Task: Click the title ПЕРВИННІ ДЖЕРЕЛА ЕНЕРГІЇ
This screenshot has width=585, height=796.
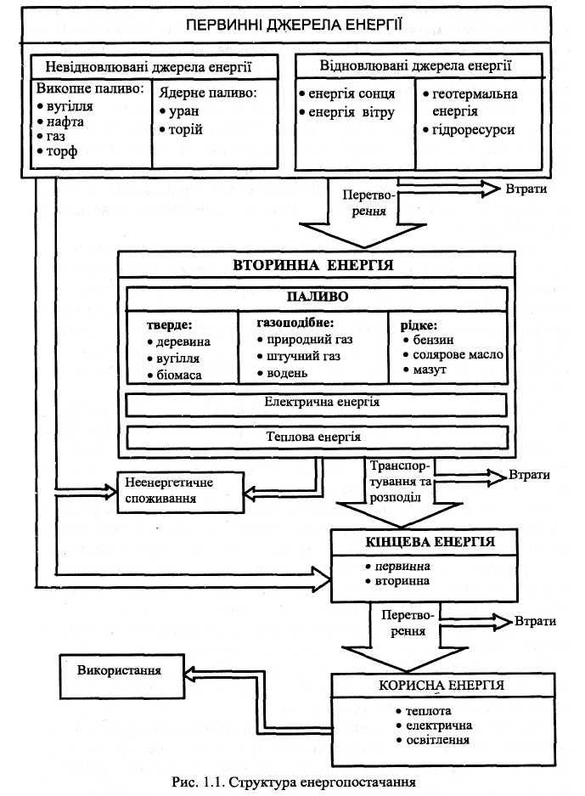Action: pos(294,25)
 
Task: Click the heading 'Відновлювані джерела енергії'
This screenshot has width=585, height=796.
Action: pos(415,65)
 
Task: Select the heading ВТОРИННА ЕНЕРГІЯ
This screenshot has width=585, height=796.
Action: pos(313,265)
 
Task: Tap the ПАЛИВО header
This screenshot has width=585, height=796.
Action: pos(317,296)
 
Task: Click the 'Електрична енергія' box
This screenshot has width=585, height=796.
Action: pos(317,405)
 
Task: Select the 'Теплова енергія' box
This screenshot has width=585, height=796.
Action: pos(317,438)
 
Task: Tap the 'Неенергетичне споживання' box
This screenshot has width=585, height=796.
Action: pos(181,492)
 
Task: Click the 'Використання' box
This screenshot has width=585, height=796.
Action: pos(121,676)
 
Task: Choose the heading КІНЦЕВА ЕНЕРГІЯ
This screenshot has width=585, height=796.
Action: pos(430,542)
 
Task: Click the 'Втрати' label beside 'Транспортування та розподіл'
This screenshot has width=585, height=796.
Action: pos(529,475)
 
